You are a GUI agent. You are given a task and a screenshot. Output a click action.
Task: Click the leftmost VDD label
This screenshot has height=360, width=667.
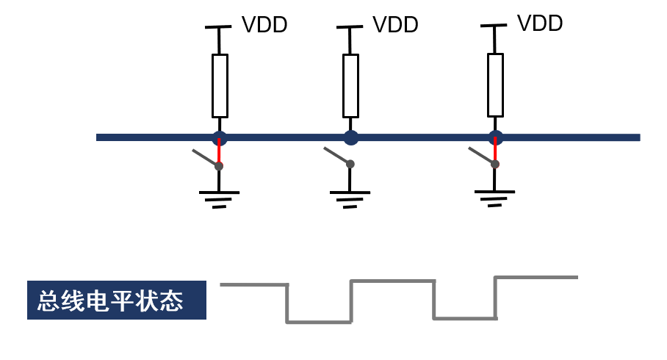(264, 25)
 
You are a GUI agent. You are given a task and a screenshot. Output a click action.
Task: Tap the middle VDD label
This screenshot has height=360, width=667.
(395, 25)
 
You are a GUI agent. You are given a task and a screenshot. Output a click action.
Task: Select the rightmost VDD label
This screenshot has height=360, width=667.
(540, 24)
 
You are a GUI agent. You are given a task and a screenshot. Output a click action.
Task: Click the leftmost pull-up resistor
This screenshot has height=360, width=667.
(220, 85)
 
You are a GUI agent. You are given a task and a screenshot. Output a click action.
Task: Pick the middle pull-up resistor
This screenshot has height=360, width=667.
(350, 85)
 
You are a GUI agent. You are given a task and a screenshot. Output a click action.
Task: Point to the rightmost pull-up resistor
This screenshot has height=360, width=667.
(496, 84)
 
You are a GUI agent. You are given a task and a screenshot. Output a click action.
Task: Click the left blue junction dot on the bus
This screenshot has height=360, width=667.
(220, 137)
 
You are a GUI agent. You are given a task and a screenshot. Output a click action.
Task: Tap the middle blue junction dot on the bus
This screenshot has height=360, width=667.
(351, 137)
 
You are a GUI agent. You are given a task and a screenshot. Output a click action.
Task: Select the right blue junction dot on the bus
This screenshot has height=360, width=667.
(496, 137)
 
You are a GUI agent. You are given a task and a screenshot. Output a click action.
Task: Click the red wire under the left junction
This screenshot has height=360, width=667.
(219, 153)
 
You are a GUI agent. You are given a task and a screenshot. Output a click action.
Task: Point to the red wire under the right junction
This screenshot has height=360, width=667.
(495, 151)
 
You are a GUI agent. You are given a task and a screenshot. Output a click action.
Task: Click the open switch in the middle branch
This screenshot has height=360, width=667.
(339, 156)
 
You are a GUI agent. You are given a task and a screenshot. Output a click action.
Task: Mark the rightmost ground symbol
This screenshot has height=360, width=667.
(495, 197)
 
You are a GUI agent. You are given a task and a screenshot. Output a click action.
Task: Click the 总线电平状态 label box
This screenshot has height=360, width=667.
(117, 300)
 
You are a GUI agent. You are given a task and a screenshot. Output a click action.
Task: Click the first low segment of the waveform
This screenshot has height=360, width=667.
(319, 321)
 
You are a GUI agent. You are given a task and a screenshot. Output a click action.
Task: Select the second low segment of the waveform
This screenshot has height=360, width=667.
(465, 318)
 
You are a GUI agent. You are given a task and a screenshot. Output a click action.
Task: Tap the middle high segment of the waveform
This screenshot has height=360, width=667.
(392, 281)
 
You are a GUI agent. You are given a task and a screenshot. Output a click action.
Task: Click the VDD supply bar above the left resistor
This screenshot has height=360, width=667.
(218, 28)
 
